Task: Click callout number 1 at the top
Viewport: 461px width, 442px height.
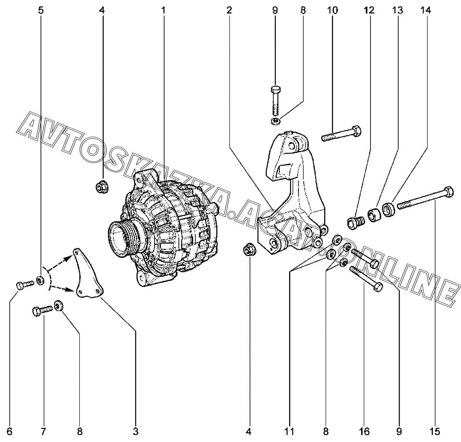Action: pos(163,10)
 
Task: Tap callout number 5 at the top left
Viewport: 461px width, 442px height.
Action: pos(41,10)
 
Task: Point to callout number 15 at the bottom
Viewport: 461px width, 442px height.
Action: pos(436,431)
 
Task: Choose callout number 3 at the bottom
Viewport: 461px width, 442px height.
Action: pos(136,431)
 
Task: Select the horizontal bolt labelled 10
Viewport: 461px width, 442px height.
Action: pos(342,134)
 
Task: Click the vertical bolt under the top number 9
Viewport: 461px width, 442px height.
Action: pos(275,100)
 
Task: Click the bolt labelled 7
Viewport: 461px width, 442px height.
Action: pos(42,310)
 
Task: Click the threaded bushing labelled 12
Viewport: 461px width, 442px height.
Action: pos(354,223)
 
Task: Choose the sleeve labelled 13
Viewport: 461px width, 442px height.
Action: pos(374,214)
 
